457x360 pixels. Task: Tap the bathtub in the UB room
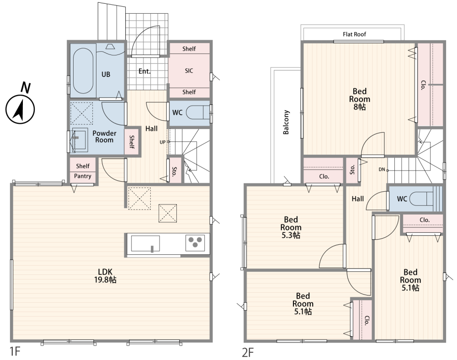(83, 71)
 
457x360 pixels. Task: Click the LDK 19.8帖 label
(105, 276)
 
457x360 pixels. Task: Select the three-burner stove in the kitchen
(195, 243)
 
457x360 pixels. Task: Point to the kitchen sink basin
(145, 244)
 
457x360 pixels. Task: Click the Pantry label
(82, 176)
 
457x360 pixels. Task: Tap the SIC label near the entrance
(189, 70)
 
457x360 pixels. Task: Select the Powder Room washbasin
(80, 140)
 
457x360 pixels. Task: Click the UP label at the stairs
(162, 142)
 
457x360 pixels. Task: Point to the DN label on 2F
(382, 169)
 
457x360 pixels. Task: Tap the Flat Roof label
(354, 34)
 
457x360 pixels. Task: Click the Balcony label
(286, 122)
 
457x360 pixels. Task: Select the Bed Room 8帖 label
(360, 99)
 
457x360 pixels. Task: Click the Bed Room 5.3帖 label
(291, 227)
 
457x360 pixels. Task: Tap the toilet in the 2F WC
(425, 199)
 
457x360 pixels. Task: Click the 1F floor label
(15, 352)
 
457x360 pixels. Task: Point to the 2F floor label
(248, 352)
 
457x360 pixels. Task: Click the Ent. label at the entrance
(144, 71)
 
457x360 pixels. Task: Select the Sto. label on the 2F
(352, 170)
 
